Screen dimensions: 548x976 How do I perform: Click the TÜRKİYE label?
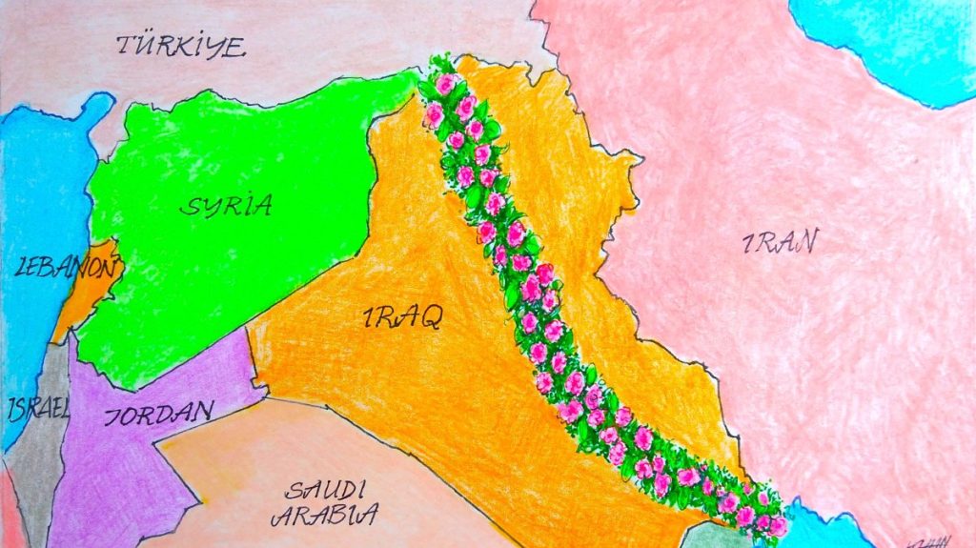tap(180, 46)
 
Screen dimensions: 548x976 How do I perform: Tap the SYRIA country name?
tap(230, 204)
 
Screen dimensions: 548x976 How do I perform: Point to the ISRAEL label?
tap(38, 410)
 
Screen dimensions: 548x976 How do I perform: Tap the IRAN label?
tap(779, 243)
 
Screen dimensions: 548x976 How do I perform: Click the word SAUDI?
tap(325, 492)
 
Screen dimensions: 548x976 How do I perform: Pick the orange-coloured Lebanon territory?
tap(86, 295)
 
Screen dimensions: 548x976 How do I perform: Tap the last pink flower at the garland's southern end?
tap(777, 525)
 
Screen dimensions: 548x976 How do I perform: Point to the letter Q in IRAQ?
tap(430, 318)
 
